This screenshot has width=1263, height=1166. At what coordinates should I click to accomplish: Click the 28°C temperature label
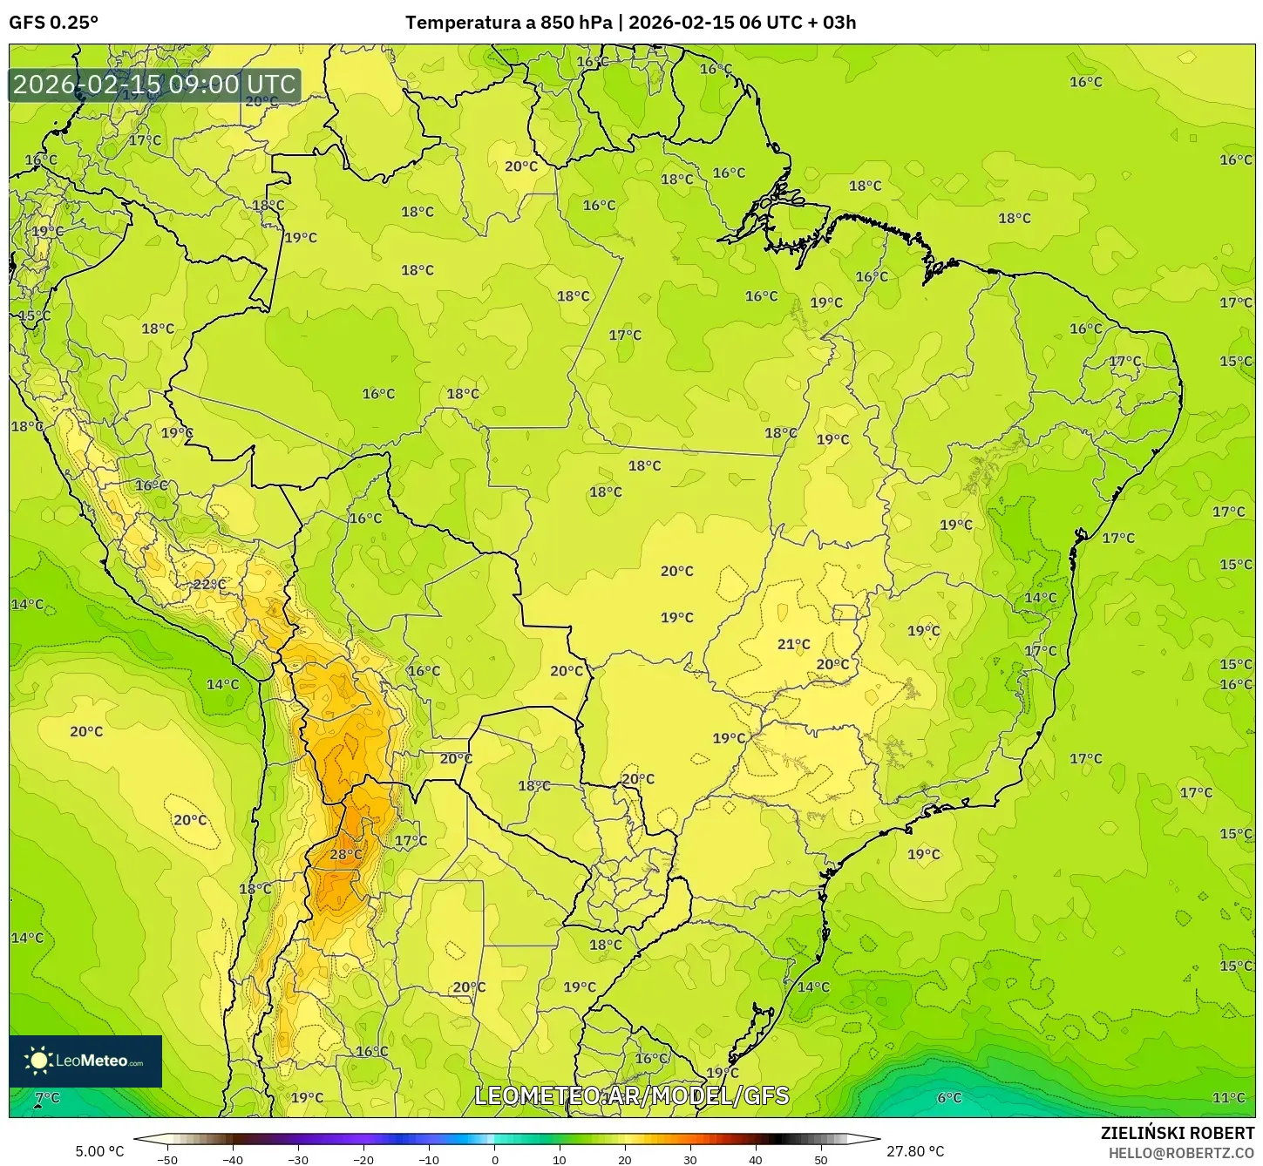click(x=346, y=855)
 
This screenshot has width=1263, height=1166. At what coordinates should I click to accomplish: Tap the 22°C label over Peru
click(x=209, y=584)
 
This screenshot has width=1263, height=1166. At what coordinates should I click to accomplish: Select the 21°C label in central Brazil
click(x=793, y=644)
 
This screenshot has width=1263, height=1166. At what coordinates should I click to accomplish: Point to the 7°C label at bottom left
click(x=47, y=1097)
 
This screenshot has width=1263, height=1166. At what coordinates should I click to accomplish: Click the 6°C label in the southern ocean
click(x=949, y=1098)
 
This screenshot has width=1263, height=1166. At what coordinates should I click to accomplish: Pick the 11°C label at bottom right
click(x=1228, y=1098)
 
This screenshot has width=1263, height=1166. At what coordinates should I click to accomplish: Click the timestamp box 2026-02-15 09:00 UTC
click(x=154, y=85)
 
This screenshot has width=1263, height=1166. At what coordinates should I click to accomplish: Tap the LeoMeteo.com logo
click(x=85, y=1061)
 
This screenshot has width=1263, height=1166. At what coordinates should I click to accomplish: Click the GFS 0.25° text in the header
click(x=53, y=23)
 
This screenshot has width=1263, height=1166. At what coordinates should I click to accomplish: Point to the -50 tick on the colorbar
click(x=167, y=1160)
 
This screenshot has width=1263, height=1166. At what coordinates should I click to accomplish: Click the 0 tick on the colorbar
click(x=494, y=1160)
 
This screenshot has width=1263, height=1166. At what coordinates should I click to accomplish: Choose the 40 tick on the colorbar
click(x=756, y=1160)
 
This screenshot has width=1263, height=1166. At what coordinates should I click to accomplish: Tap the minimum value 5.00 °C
click(x=99, y=1151)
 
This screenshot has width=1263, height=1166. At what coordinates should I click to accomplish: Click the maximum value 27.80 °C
click(x=915, y=1151)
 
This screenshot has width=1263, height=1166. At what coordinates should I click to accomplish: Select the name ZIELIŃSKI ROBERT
click(x=1177, y=1133)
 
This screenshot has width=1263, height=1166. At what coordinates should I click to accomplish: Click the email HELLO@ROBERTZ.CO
click(x=1181, y=1152)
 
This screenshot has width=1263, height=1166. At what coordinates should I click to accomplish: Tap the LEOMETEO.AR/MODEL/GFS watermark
click(x=631, y=1095)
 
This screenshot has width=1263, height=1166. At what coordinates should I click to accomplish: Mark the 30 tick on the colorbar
click(x=690, y=1160)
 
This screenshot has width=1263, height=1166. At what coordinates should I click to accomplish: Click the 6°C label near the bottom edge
click(x=949, y=1098)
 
